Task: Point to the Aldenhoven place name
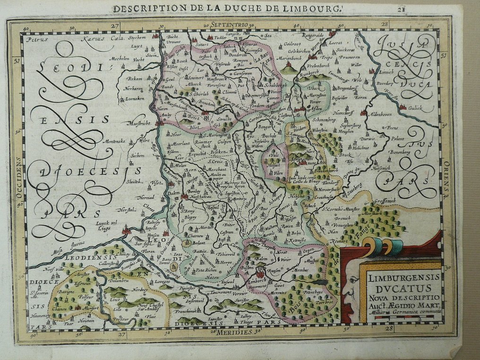383,114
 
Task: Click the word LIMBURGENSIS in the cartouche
400,277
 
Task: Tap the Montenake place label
113,140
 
